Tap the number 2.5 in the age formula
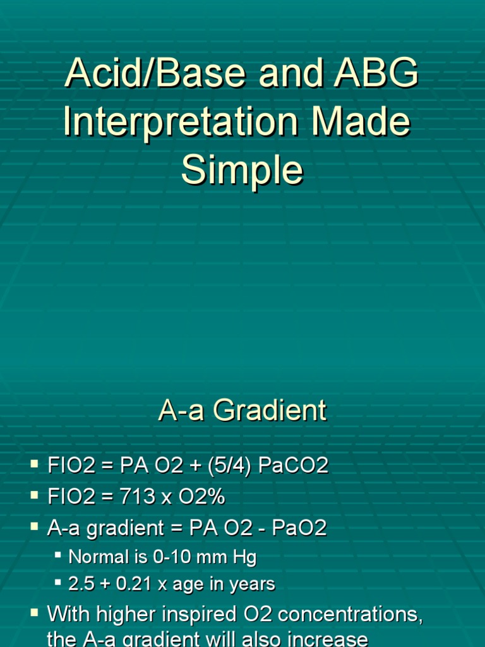point(81,584)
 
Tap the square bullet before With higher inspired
point(34,612)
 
